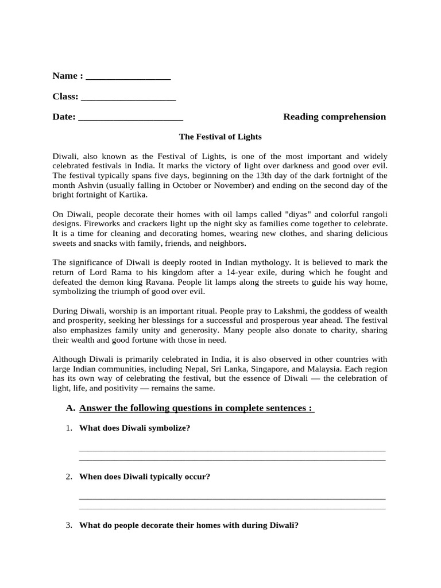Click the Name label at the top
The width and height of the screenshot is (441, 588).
pyautogui.click(x=64, y=76)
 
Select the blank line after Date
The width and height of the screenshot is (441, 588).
pyautogui.click(x=130, y=119)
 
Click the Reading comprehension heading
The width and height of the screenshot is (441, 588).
pyautogui.click(x=334, y=117)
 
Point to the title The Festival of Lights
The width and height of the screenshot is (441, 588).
pyautogui.click(x=220, y=137)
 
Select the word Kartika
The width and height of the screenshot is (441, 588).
pyautogui.click(x=131, y=195)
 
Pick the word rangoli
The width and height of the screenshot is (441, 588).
pyautogui.click(x=372, y=214)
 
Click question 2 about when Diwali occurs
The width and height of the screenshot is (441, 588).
pyautogui.click(x=144, y=477)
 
